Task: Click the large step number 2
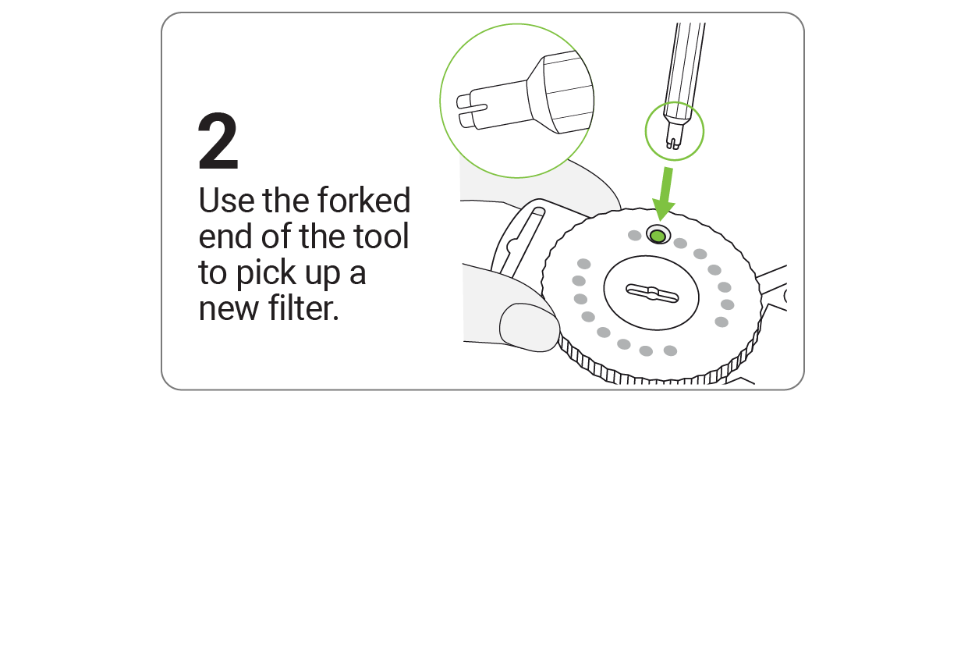[x=218, y=141]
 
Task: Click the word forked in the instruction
[x=364, y=200]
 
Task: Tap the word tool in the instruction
[x=381, y=236]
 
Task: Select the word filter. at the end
[x=303, y=308]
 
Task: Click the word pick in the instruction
[x=266, y=273]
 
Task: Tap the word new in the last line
[x=229, y=310]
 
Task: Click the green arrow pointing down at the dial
[x=665, y=194]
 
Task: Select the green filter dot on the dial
[x=658, y=237]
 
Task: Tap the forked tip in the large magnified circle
[x=471, y=111]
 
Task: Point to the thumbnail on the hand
[x=528, y=326]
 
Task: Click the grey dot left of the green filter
[x=635, y=236]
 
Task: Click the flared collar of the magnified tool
[x=560, y=92]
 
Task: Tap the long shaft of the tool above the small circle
[x=685, y=69]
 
